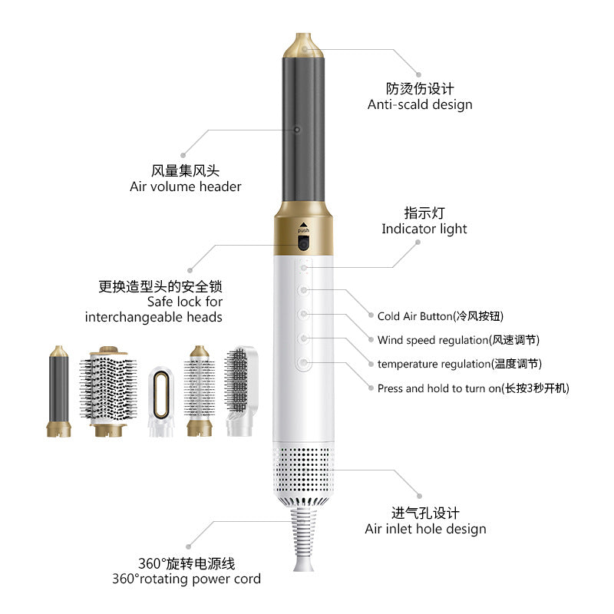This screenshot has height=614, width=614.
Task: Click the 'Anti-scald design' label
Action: [x=419, y=104]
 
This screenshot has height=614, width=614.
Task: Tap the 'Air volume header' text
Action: [x=186, y=187]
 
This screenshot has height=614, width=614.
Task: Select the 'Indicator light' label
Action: [x=424, y=229]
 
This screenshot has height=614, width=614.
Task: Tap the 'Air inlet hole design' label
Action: [x=425, y=529]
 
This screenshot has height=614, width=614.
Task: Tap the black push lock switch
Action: [x=303, y=245]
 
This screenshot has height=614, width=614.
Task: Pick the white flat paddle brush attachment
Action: [x=240, y=388]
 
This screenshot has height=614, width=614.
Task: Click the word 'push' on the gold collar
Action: [x=303, y=230]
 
